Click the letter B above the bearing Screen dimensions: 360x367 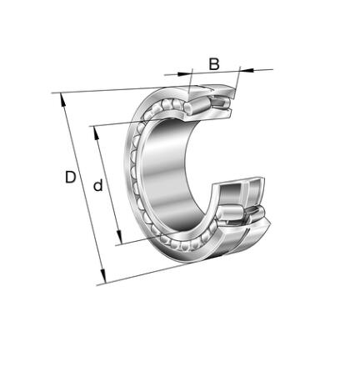pyautogui.click(x=214, y=64)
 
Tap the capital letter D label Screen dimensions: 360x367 pyautogui.click(x=70, y=177)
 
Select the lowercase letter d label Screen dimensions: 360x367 pyautogui.click(x=97, y=185)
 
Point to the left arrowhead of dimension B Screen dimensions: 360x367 pyautogui.click(x=184, y=73)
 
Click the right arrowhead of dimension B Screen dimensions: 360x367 pyautogui.click(x=247, y=70)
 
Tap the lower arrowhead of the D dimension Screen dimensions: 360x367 pyautogui.click(x=103, y=276)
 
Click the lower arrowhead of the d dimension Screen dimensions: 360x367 pyautogui.click(x=119, y=237)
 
